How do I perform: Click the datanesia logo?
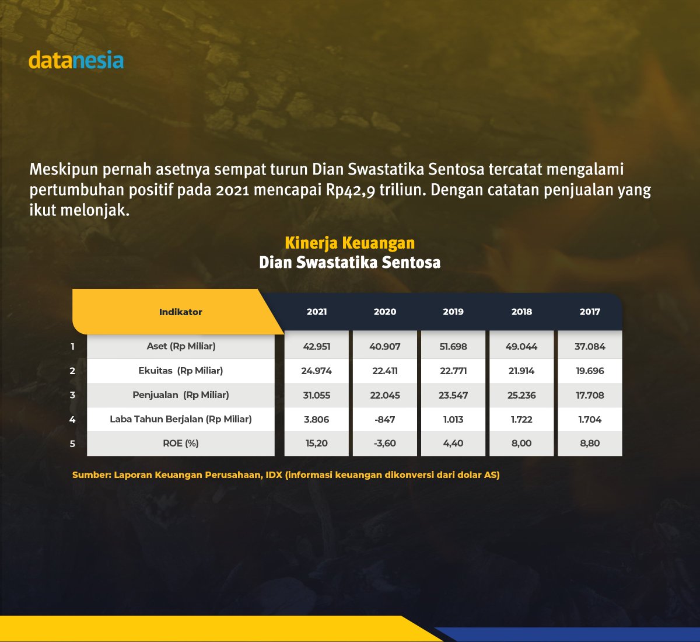(x=76, y=61)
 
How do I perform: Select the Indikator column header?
(x=180, y=312)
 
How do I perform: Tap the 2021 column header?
(x=317, y=312)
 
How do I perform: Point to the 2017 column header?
(x=590, y=312)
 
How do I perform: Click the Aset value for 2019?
(x=453, y=346)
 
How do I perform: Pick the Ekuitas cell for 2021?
(x=317, y=371)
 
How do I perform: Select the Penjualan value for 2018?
(x=521, y=395)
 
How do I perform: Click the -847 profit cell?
(x=385, y=419)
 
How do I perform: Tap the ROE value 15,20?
(x=317, y=444)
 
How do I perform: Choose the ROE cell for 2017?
(x=590, y=444)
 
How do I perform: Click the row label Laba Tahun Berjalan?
(x=181, y=419)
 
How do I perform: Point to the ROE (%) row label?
(x=181, y=444)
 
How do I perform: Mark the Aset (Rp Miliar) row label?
(x=181, y=346)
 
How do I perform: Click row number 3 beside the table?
(x=72, y=395)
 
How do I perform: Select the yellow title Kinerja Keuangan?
(x=350, y=243)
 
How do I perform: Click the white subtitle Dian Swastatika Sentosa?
(x=350, y=263)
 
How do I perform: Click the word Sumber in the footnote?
(x=90, y=475)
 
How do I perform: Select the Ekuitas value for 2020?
(x=385, y=371)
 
